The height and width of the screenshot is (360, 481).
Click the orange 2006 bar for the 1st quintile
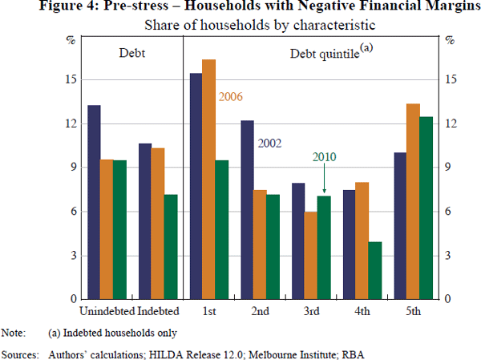208,180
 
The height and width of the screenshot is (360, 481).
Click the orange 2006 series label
230,97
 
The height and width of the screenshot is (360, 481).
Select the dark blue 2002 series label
269,144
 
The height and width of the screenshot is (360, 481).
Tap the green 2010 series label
323,157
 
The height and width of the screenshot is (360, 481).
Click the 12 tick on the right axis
453,123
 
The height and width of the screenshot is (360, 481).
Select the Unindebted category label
107,311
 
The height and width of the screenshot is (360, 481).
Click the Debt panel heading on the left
128,53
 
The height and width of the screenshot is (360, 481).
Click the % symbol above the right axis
450,38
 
